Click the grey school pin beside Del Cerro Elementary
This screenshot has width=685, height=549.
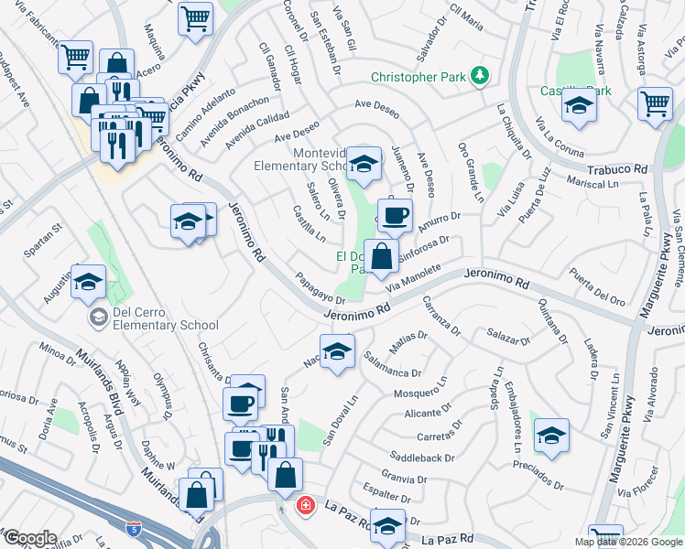(98, 318)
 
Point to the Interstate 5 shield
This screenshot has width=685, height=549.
(136, 528)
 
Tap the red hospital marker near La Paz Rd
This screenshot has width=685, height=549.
(304, 505)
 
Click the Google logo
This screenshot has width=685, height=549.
(30, 539)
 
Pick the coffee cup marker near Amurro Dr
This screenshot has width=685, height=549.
(395, 215)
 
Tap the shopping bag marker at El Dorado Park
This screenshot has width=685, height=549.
(381, 255)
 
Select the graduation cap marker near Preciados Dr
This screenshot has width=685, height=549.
(551, 435)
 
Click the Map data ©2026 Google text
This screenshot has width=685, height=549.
(628, 542)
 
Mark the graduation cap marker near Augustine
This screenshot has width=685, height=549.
(89, 282)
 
